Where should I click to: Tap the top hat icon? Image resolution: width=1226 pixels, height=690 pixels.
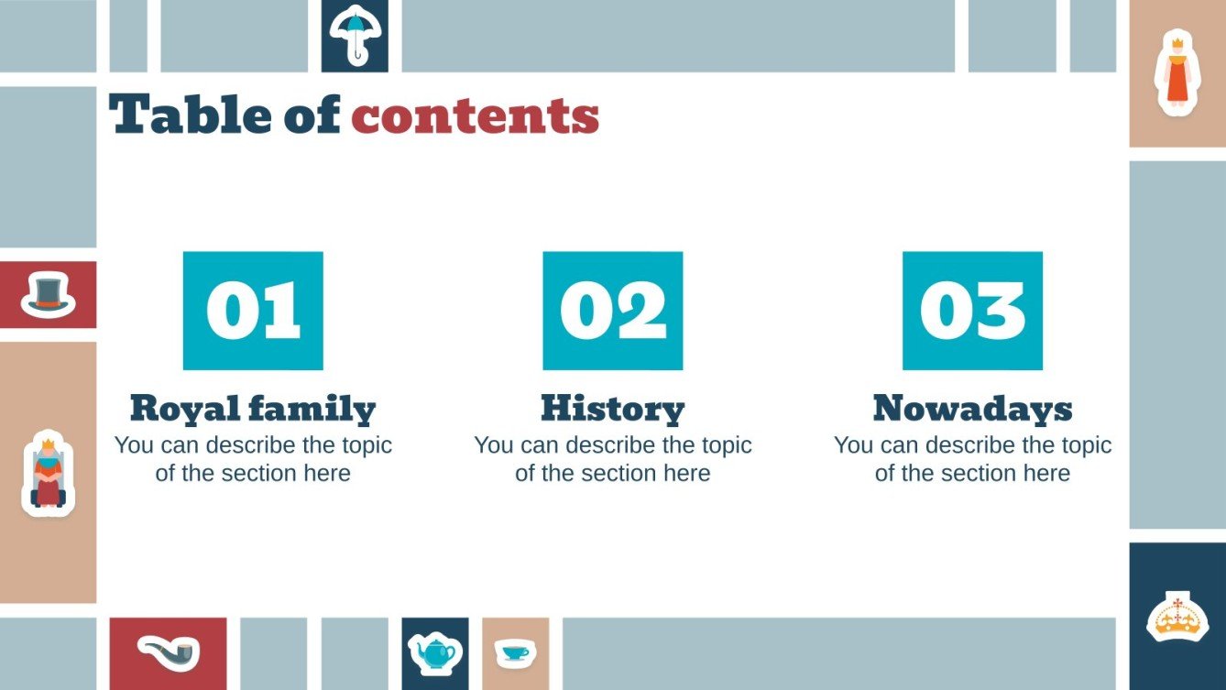pos(48,295)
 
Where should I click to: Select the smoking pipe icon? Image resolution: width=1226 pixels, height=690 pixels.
pos(168,652)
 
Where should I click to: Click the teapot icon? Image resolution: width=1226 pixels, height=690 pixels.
pos(434,652)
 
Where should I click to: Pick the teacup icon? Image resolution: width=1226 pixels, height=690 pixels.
pos(515,652)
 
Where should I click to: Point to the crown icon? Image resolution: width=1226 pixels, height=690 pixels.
pos(1177,617)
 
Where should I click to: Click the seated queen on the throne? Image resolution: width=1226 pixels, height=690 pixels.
pos(48,473)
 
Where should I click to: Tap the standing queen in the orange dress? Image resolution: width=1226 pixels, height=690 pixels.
pos(1177,72)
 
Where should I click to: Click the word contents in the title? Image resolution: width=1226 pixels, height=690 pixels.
pos(475,116)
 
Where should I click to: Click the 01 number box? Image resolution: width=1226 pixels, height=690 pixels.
pos(253,311)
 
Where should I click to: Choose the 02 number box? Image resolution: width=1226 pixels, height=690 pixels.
pos(613,311)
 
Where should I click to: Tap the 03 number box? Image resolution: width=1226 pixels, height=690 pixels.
pos(972,311)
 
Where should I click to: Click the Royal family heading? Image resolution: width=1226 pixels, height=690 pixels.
pos(253,409)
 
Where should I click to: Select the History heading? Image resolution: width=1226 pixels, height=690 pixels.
pos(613,409)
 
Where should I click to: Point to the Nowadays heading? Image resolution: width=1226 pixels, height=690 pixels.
pos(972,409)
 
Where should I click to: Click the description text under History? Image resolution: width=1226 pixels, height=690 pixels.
pos(613,459)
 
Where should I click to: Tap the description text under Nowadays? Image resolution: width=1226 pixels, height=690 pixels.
pos(972,459)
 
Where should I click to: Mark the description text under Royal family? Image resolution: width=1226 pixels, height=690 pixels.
pos(253,459)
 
